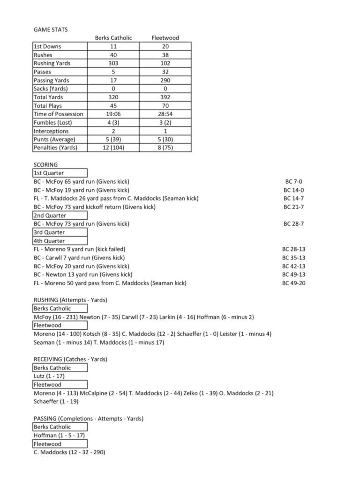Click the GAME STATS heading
pyautogui.click(x=51, y=30)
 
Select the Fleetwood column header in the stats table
pyautogui.click(x=165, y=38)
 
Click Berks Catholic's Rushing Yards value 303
pyautogui.click(x=113, y=63)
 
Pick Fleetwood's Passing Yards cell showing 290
pyautogui.click(x=165, y=81)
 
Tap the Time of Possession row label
pyautogui.click(x=58, y=114)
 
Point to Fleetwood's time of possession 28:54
pyautogui.click(x=165, y=114)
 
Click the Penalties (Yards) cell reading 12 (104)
pyautogui.click(x=113, y=148)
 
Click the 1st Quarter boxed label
pyautogui.click(x=49, y=173)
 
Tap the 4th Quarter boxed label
pyautogui.click(x=49, y=241)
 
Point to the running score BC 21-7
pyautogui.click(x=294, y=207)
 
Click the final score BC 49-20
pyautogui.click(x=294, y=283)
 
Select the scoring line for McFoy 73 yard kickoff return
pyautogui.click(x=95, y=207)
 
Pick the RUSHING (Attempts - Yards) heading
pyautogui.click(x=70, y=300)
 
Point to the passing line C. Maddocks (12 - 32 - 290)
pyautogui.click(x=69, y=452)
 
